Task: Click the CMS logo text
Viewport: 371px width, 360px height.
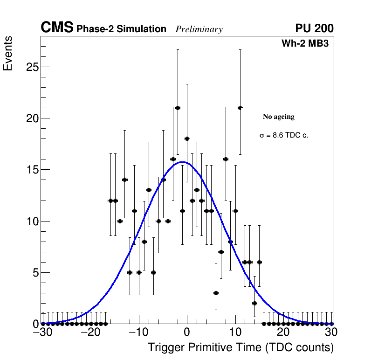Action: click(x=57, y=28)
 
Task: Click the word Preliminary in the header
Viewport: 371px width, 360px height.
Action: click(x=199, y=29)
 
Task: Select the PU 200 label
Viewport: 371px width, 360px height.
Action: click(x=314, y=28)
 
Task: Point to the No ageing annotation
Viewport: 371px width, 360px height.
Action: click(x=279, y=117)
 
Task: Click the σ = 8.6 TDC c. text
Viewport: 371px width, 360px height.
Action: click(x=284, y=136)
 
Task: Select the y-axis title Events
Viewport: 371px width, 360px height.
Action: click(x=8, y=54)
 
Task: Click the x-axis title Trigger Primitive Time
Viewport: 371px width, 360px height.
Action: click(x=240, y=348)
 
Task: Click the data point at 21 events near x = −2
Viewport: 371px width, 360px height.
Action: click(x=178, y=108)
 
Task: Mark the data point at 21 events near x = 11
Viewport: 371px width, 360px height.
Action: click(x=240, y=108)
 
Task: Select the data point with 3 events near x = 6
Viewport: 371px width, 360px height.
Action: click(x=216, y=293)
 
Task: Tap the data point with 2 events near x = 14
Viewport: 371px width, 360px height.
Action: click(x=254, y=303)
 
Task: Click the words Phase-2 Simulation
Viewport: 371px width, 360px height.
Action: click(x=121, y=29)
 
